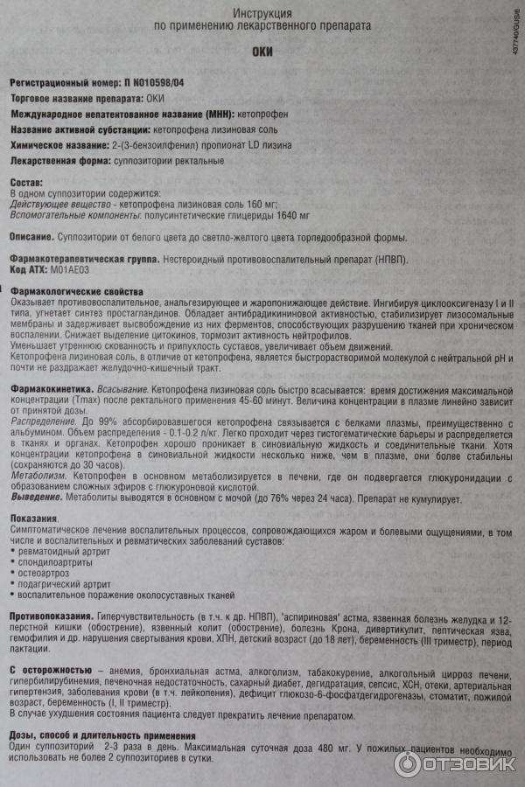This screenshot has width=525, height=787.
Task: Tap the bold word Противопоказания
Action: click(50, 616)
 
